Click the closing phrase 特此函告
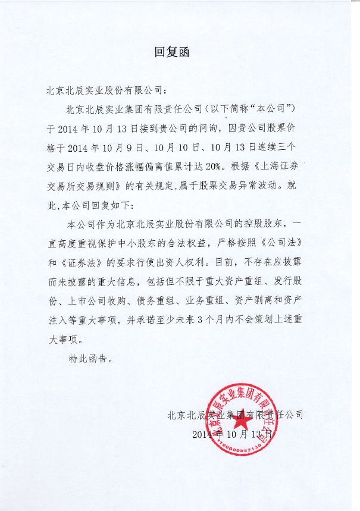[88, 359]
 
